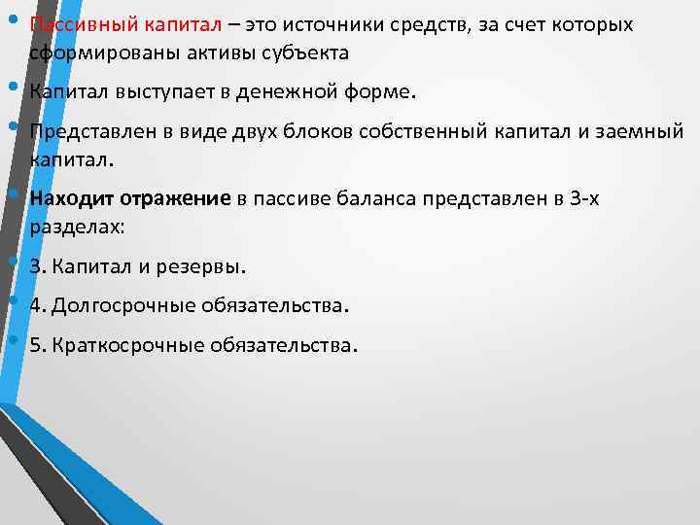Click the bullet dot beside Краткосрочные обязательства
[14, 339]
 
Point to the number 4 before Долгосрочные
[35, 305]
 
